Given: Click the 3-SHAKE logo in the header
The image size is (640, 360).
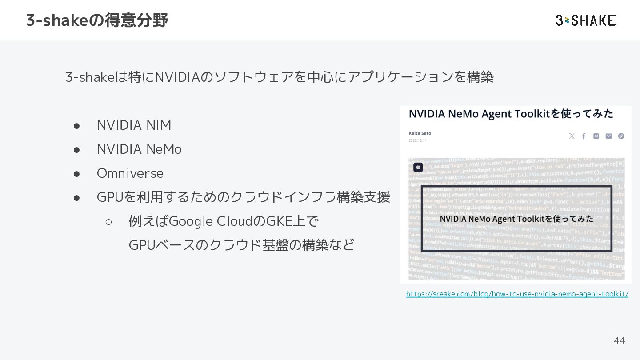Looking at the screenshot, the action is click(x=585, y=20).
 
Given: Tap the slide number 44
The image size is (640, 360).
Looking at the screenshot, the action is click(x=619, y=340).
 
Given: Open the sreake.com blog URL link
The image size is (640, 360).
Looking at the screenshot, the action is click(x=517, y=294).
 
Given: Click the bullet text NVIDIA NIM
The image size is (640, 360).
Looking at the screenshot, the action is click(x=134, y=125).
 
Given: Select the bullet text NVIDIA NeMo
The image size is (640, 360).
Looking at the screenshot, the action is click(x=139, y=149).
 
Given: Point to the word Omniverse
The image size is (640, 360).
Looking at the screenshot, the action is click(x=130, y=173).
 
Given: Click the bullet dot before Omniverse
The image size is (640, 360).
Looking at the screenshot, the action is click(x=76, y=173).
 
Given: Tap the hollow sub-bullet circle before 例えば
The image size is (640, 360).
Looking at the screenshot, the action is click(x=108, y=221).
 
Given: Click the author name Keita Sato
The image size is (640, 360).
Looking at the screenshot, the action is click(x=420, y=133).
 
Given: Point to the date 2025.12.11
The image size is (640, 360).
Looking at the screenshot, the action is click(x=417, y=140).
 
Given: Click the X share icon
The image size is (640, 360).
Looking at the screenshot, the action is click(x=572, y=136).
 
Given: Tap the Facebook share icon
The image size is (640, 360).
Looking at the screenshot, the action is click(x=584, y=136).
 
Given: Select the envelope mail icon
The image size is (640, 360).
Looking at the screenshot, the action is click(x=608, y=136).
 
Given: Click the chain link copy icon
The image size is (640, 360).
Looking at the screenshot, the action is click(x=621, y=136).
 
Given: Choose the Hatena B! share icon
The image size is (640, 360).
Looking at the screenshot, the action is click(x=596, y=136).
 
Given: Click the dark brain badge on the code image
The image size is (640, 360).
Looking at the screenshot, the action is click(x=418, y=167).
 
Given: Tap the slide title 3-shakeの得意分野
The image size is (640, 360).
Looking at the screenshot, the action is click(x=97, y=20).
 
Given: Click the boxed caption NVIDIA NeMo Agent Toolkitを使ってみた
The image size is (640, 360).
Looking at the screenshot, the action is click(x=516, y=219).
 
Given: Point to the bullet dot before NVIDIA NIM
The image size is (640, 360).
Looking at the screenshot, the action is click(x=76, y=126).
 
